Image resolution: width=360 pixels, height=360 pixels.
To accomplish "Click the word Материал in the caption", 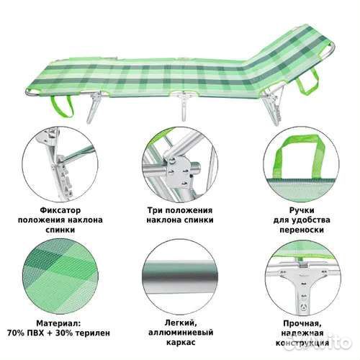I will pos(57,325).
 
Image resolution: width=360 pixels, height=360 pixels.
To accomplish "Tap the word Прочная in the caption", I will pos(297,325).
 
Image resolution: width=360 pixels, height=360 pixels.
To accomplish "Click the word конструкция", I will pos(297,346).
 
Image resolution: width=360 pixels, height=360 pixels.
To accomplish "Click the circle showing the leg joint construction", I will pos(297,277).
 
